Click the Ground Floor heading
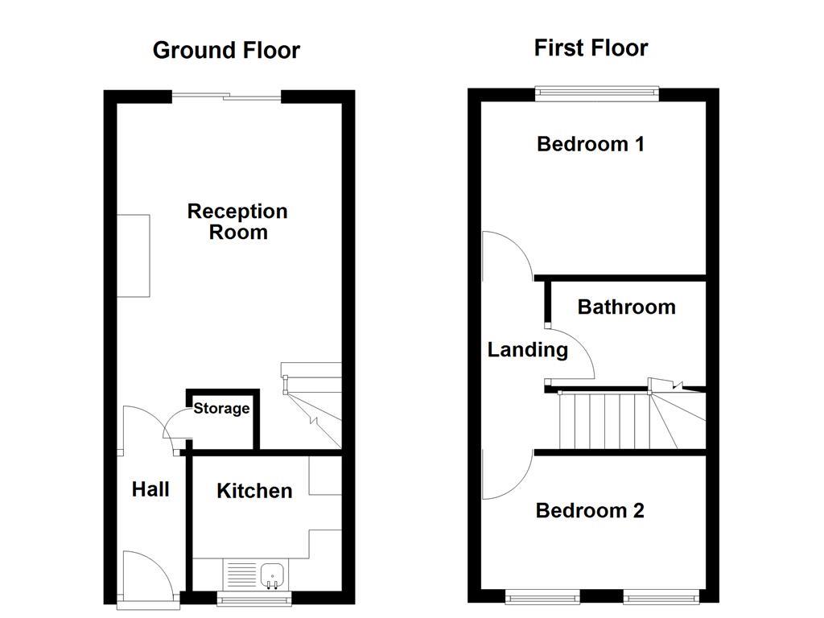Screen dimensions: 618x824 pyautogui.click(x=226, y=50)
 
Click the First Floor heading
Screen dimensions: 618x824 pyautogui.click(x=591, y=47)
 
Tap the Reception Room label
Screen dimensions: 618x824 pyautogui.click(x=237, y=221)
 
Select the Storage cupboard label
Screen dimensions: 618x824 pyautogui.click(x=221, y=409)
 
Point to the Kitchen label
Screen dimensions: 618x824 pyautogui.click(x=254, y=491)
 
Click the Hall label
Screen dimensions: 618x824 pyautogui.click(x=150, y=489)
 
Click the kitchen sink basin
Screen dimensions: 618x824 pyautogui.click(x=273, y=574)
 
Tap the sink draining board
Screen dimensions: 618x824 pyautogui.click(x=241, y=574)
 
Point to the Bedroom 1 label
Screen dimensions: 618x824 pyautogui.click(x=591, y=145)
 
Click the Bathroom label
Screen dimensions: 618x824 pyautogui.click(x=626, y=307)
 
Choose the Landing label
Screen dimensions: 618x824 pyautogui.click(x=528, y=350)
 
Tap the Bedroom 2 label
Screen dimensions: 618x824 pyautogui.click(x=590, y=511)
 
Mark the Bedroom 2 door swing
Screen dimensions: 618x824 pyautogui.click(x=505, y=475)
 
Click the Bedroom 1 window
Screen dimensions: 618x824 pyautogui.click(x=597, y=92)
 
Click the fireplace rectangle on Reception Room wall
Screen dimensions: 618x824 pyautogui.click(x=134, y=255)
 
